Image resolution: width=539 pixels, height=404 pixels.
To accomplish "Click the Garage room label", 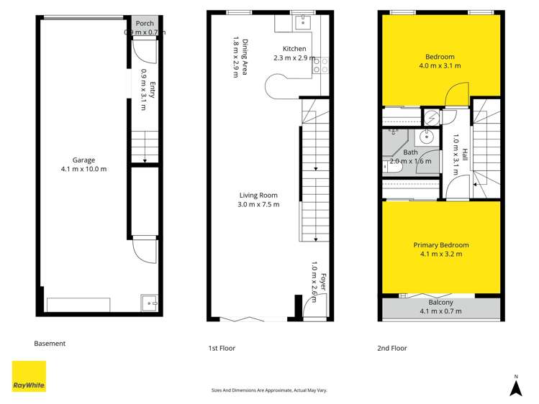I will pos(83,160).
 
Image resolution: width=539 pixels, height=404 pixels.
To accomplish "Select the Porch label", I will pos(145,24).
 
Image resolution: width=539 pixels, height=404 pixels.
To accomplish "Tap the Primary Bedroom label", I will pos(440,245).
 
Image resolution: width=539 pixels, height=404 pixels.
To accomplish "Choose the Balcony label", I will pos(440,303).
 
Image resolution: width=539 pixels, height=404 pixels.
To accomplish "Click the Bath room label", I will pos(410,152).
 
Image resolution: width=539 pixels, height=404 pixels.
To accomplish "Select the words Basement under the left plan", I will pos(50,344).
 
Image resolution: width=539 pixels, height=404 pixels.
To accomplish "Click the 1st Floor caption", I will pos(222,348).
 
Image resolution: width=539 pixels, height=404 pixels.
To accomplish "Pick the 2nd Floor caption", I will pos(392,348).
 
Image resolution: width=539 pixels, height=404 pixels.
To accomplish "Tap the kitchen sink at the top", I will pos(302,22).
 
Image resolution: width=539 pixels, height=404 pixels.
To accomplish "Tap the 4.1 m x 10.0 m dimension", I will pos(83,169).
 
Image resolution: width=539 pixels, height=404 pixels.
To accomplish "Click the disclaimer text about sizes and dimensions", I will pos(269,390).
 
